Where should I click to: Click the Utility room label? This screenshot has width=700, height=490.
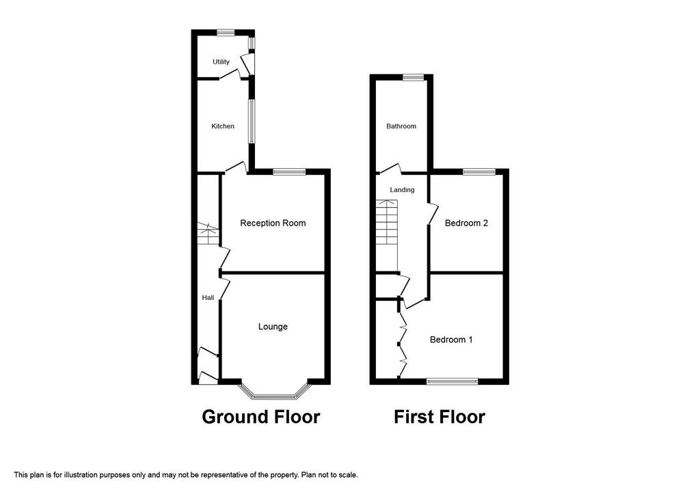(221, 62)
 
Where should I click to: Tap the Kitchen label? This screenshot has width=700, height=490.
(223, 126)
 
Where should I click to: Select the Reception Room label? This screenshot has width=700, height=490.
(273, 223)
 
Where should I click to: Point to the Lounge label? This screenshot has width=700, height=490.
(273, 327)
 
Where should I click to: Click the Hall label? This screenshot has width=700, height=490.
(208, 298)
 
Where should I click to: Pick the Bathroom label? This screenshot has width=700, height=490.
(401, 126)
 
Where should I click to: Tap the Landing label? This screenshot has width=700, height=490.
(402, 190)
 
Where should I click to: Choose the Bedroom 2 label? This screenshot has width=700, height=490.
(466, 223)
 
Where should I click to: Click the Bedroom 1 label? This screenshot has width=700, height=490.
(451, 340)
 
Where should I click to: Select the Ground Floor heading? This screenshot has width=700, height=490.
(261, 417)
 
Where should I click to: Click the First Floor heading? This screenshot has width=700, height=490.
(440, 417)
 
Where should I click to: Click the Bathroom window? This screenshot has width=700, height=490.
(413, 77)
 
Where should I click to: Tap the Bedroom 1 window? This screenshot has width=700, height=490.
(453, 381)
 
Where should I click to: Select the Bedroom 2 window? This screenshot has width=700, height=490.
(479, 172)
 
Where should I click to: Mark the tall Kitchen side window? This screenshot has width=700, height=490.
(252, 122)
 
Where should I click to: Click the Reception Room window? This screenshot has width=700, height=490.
(290, 172)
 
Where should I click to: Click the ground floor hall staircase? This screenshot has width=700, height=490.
(208, 234)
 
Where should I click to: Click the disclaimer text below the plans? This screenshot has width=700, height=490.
(186, 475)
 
